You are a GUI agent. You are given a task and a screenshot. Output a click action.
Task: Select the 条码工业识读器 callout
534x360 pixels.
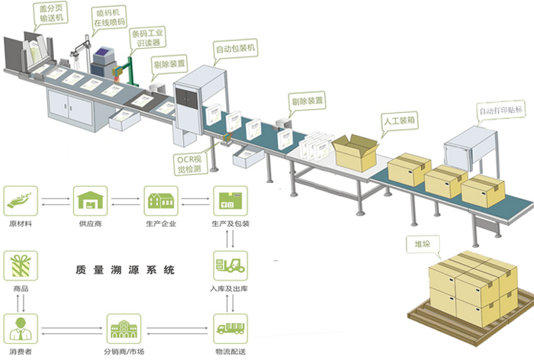[x=150, y=39]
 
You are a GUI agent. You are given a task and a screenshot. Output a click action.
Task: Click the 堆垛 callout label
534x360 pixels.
[x=419, y=246]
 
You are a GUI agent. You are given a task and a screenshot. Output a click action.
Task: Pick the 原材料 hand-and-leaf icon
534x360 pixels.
[x=21, y=201]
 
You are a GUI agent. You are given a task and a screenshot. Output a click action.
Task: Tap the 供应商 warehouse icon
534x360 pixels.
[x=90, y=201]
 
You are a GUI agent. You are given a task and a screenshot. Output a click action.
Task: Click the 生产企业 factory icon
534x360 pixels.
[x=160, y=201]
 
